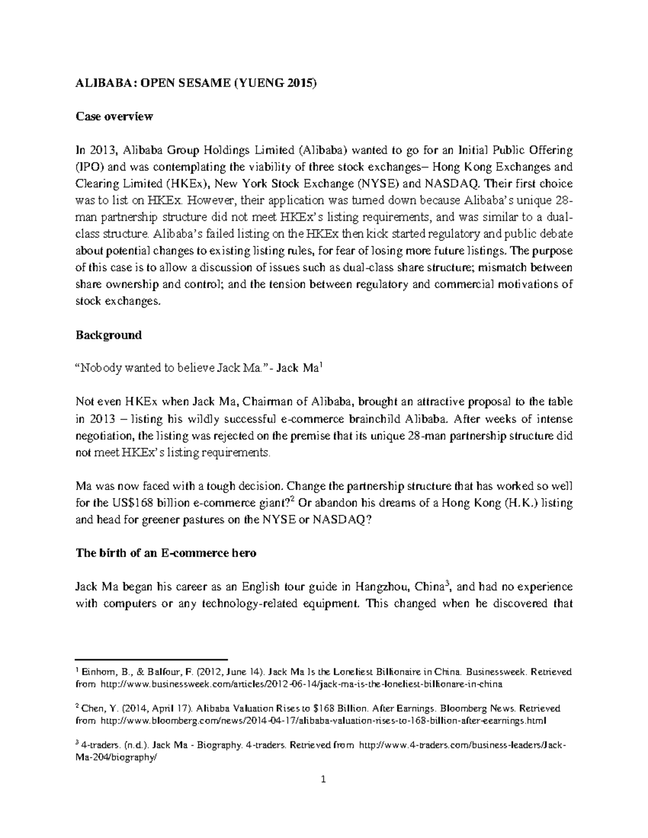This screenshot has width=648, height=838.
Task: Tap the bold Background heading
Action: click(x=108, y=335)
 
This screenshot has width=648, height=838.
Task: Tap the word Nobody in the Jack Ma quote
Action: click(x=100, y=369)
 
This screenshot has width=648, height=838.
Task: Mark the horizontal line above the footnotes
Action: click(x=152, y=660)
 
